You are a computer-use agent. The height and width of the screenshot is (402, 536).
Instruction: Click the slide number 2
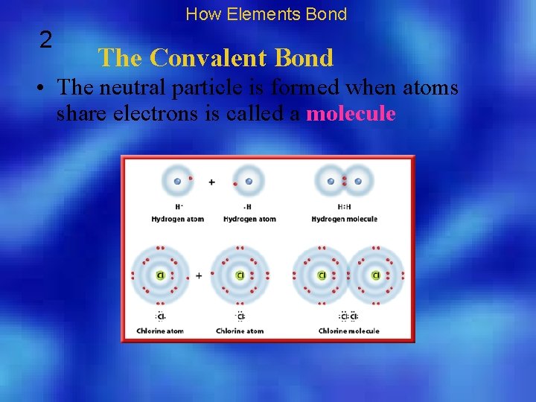pyautogui.click(x=46, y=39)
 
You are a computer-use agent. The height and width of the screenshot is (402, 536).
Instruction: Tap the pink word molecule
pyautogui.click(x=351, y=114)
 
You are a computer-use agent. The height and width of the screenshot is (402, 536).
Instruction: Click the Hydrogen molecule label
pyautogui.click(x=344, y=219)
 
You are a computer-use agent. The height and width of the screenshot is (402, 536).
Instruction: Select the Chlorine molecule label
pyautogui.click(x=349, y=331)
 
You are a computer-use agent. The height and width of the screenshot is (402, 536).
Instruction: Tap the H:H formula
pyautogui.click(x=344, y=208)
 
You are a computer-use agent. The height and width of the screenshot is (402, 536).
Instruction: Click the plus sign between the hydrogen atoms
pyautogui.click(x=211, y=182)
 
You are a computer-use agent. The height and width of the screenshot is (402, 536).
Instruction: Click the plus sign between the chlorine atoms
pyautogui.click(x=199, y=275)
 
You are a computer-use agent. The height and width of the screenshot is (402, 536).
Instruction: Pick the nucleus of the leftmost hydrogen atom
pyautogui.click(x=176, y=181)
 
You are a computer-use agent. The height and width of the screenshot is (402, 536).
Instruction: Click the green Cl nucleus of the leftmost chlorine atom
pyautogui.click(x=160, y=275)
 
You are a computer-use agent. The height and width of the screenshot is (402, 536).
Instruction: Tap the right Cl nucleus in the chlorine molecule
pyautogui.click(x=376, y=275)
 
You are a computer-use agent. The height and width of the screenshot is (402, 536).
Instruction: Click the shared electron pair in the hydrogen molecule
pyautogui.click(x=344, y=181)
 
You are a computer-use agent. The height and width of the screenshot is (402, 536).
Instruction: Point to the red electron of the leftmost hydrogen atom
pyautogui.click(x=191, y=179)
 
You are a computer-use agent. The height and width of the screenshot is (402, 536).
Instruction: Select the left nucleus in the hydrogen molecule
pyautogui.click(x=331, y=181)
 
